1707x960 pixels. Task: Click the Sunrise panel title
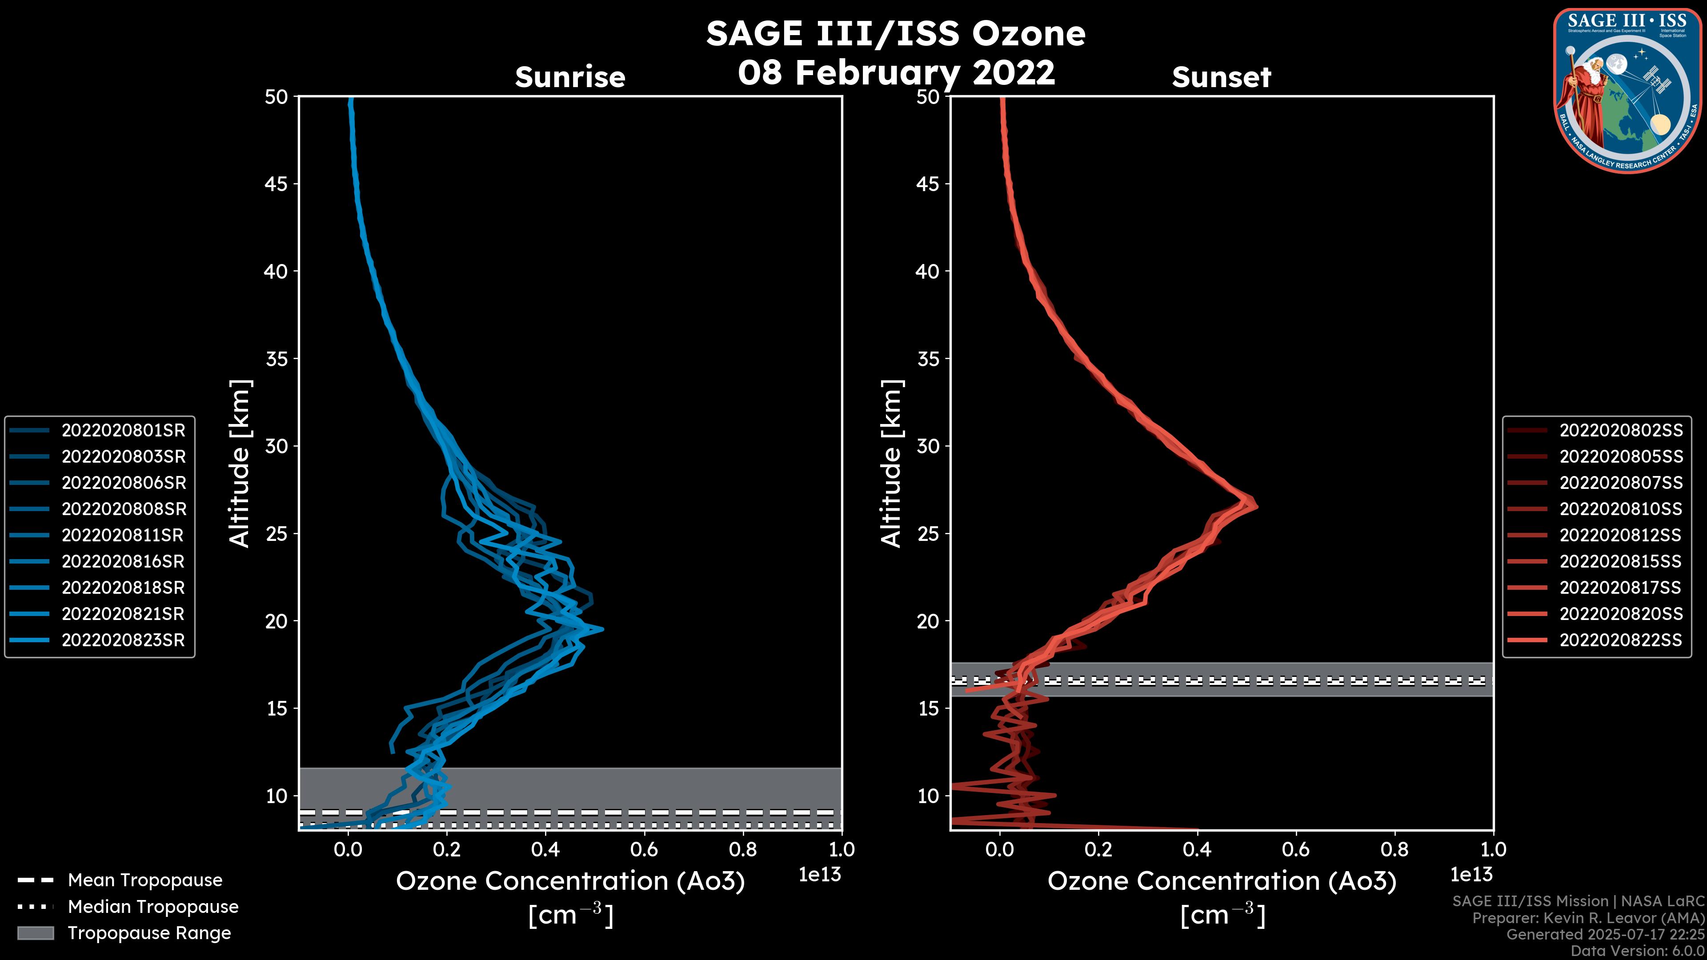pos(570,77)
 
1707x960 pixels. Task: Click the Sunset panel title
pos(1221,77)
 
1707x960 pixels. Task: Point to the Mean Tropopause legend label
pos(145,880)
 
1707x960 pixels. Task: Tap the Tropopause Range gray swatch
pos(35,933)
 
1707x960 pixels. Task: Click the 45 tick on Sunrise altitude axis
pos(276,184)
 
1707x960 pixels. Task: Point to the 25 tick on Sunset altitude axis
pos(928,534)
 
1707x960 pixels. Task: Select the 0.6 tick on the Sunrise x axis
pos(644,849)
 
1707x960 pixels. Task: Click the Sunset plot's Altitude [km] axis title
pos(891,463)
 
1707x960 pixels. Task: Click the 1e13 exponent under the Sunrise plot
pos(820,875)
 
